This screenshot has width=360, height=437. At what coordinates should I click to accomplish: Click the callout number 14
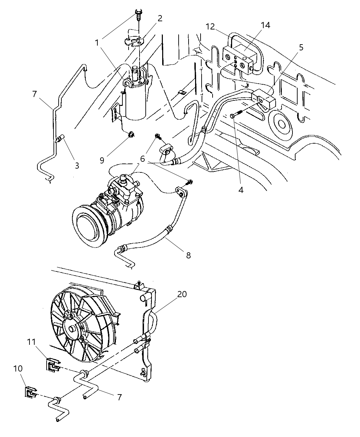(265, 25)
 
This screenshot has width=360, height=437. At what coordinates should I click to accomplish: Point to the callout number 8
(188, 255)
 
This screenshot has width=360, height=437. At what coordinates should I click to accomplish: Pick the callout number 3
(77, 166)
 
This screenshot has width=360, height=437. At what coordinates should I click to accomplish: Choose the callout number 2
(160, 19)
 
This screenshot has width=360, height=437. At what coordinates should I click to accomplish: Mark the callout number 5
(301, 47)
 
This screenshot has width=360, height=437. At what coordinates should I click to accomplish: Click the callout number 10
(18, 368)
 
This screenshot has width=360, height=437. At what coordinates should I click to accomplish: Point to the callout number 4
(241, 190)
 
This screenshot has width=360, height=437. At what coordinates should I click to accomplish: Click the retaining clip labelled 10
(30, 392)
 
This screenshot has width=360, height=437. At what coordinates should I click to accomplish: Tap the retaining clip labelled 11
(52, 364)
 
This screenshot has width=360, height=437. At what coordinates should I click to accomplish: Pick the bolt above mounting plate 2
(138, 14)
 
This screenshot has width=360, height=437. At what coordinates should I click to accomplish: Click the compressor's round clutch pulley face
(89, 227)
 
